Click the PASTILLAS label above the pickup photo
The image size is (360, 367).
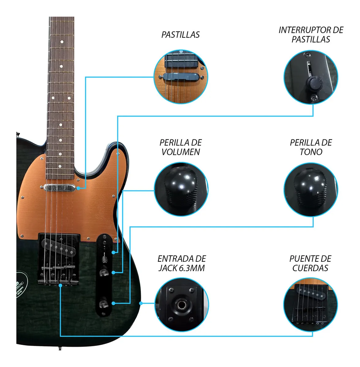click(180, 35)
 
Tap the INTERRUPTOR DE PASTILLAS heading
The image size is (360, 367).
click(311, 35)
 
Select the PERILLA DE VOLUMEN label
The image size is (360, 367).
click(180, 147)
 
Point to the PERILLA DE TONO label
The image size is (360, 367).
click(311, 147)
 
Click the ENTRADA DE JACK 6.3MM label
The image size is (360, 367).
click(181, 263)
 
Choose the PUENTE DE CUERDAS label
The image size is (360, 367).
click(310, 263)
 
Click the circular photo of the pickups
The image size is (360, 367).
click(180, 77)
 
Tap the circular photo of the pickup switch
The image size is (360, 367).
click(311, 77)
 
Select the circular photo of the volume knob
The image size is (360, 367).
click(181, 189)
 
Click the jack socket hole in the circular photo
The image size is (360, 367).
click(181, 305)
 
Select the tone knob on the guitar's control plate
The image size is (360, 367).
click(103, 304)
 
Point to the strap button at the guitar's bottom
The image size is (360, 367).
click(59, 348)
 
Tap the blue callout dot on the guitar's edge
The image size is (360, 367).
click(141, 303)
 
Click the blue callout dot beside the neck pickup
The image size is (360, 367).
click(79, 188)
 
